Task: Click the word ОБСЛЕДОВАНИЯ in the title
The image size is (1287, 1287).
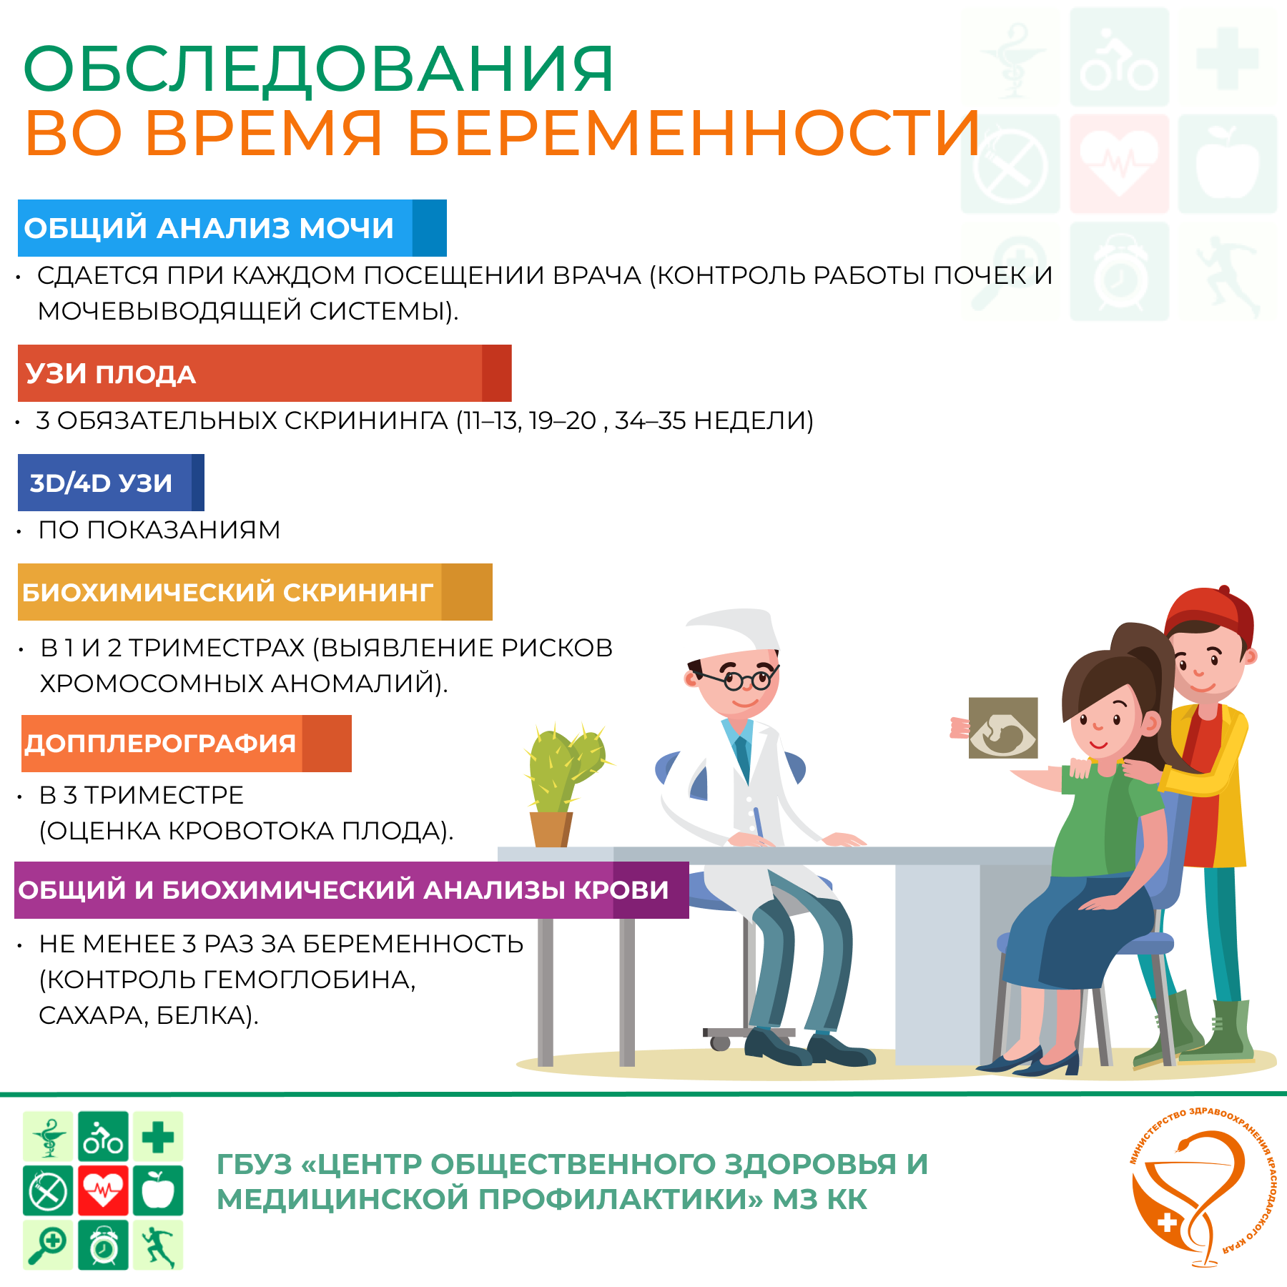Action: click(319, 69)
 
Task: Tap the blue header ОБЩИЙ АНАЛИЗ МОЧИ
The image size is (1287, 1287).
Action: click(232, 228)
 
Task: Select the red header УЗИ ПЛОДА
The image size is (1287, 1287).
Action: click(265, 373)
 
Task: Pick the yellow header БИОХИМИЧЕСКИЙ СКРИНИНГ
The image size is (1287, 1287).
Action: click(255, 592)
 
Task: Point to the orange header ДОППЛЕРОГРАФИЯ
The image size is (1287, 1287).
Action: click(187, 744)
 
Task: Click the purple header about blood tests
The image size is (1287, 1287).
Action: click(352, 890)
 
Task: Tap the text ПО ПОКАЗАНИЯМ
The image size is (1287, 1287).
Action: click(159, 530)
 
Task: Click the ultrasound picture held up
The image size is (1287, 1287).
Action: click(1003, 728)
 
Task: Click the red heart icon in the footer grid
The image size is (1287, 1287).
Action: click(104, 1190)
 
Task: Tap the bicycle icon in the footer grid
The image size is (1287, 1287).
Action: click(104, 1136)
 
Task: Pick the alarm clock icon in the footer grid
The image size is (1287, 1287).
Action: click(104, 1245)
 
